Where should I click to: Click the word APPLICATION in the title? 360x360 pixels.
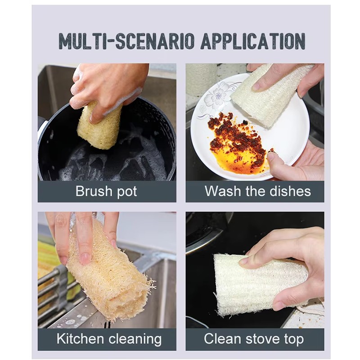pyautogui.click(x=253, y=41)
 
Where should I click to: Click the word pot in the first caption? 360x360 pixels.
pyautogui.click(x=127, y=193)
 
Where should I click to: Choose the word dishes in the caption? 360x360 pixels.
pyautogui.click(x=290, y=191)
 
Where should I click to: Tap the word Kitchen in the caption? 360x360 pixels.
pyautogui.click(x=80, y=339)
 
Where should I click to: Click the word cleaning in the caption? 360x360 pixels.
pyautogui.click(x=135, y=340)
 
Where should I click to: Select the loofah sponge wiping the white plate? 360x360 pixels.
pyautogui.click(x=271, y=95)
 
